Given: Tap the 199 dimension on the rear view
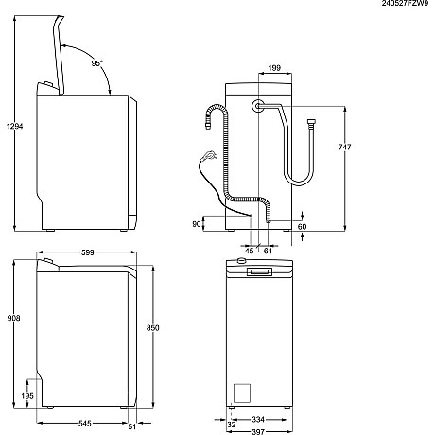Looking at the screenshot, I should point(273,69).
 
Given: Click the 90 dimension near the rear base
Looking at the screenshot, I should point(197,224).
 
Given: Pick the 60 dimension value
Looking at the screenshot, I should point(302,226).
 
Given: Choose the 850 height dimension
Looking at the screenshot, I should point(167,328).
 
